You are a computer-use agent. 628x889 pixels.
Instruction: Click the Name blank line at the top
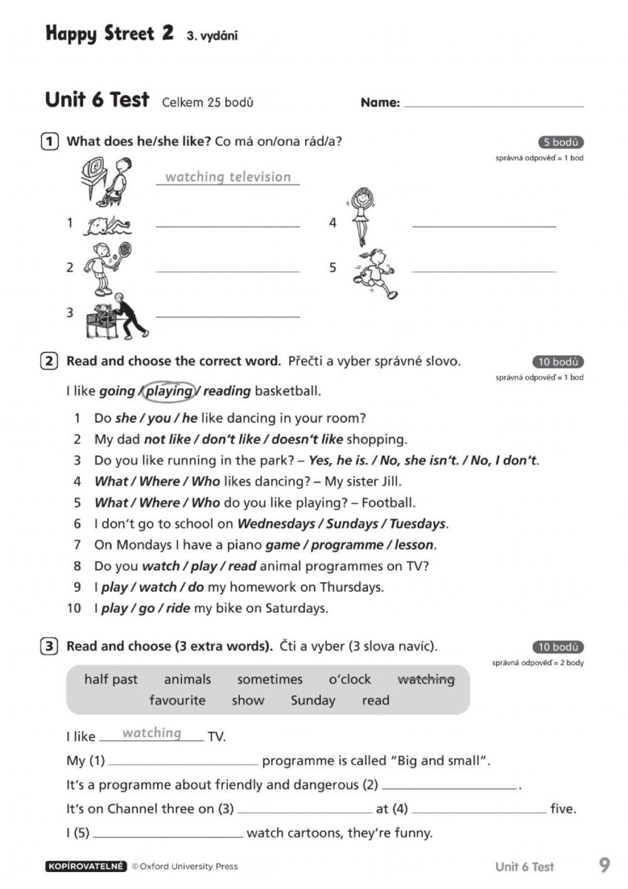pos(493,105)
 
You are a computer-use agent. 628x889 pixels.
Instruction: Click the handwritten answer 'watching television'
pos(228,176)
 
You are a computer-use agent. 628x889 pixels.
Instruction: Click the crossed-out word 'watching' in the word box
pos(426,679)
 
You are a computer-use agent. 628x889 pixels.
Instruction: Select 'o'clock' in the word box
pos(350,679)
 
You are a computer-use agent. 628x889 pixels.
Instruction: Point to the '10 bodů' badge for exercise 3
pos(558,647)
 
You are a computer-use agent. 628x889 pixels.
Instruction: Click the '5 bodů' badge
pos(561,143)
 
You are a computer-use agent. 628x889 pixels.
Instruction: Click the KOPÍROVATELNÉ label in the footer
pos(86,866)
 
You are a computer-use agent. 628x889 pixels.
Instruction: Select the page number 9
pos(604,865)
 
